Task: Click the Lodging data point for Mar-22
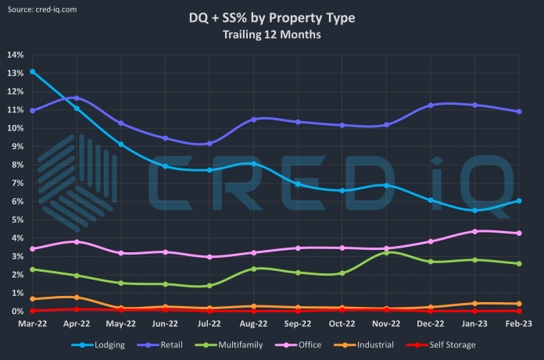[32, 72]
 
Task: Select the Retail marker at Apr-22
[77, 98]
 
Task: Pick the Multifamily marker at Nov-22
[388, 252]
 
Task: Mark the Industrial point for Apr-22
[77, 298]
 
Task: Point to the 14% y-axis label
[15, 55]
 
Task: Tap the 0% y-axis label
[17, 311]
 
